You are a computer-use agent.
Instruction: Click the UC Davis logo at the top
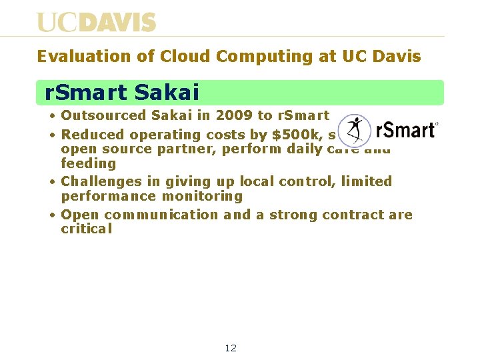pos(96,22)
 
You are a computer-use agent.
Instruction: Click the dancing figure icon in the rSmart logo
pos(353,130)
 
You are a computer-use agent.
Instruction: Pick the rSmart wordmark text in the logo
pos(405,130)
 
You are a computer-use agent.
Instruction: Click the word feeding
pos(88,163)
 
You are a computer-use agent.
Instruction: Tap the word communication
pos(161,215)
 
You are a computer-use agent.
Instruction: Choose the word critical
pos(87,229)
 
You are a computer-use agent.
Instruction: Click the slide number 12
pos(231,348)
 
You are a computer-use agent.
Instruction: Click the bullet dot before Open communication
pos(52,215)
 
